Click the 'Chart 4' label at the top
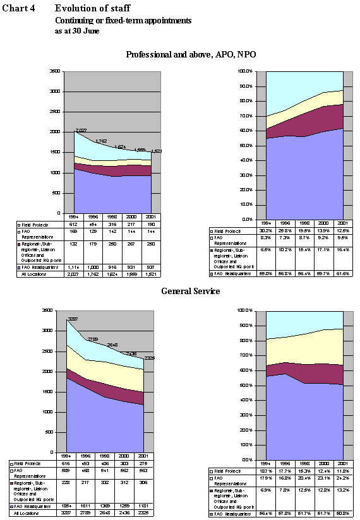click(18, 8)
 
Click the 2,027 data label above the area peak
click(80, 131)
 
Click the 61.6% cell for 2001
click(343, 273)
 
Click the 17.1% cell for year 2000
click(323, 250)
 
